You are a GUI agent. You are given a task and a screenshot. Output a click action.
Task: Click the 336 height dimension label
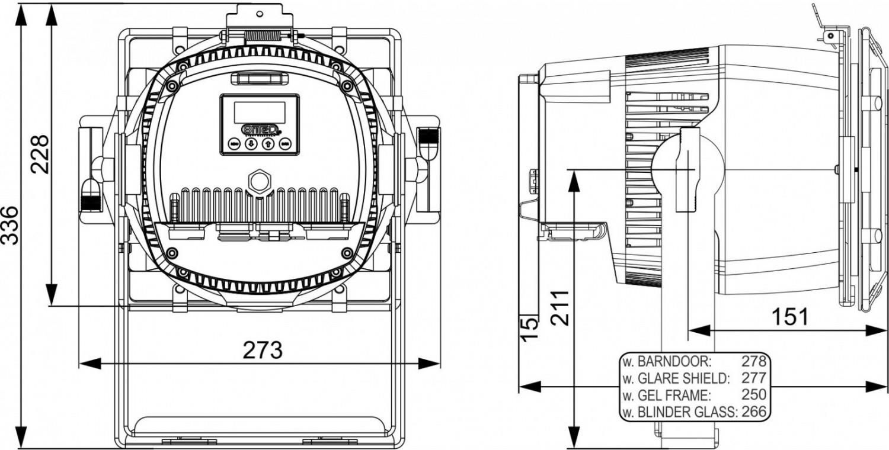coord(10,225)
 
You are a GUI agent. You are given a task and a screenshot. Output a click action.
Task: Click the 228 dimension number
coord(40,154)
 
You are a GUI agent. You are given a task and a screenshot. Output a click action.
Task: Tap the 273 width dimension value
coord(263,350)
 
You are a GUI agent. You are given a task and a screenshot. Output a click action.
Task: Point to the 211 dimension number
coord(560,308)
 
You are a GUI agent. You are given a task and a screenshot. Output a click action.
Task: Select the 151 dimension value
coord(790,317)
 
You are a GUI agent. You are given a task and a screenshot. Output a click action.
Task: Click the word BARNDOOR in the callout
coord(674,362)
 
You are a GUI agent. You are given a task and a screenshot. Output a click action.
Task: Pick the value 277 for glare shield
coord(754,378)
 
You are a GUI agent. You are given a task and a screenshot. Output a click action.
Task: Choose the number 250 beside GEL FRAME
coord(754,394)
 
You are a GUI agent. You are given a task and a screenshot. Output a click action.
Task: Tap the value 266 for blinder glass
coord(754,412)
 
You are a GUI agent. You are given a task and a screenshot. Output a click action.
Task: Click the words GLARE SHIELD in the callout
coord(683,378)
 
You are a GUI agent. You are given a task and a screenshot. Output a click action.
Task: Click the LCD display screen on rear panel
coord(260,112)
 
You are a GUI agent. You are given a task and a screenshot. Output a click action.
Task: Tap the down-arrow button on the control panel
coord(251,143)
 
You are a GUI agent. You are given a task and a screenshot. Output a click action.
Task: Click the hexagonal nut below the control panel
coord(259,182)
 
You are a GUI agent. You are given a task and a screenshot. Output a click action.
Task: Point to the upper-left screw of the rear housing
coord(172,86)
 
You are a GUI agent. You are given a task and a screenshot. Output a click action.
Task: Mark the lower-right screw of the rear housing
coord(347,253)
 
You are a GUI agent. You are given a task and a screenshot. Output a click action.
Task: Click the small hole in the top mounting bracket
coord(260,14)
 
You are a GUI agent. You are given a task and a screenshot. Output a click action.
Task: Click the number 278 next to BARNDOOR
coord(754,361)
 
